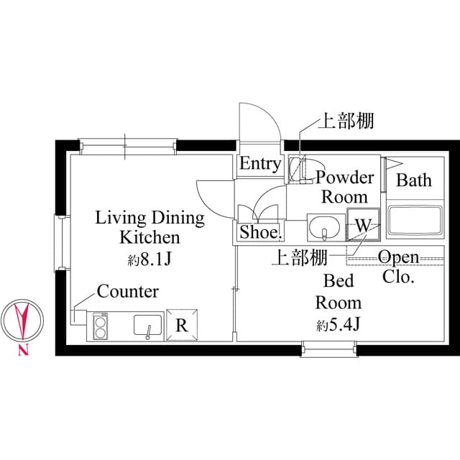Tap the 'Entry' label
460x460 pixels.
coord(259,164)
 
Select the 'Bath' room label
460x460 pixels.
coord(415,180)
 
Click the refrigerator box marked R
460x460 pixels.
coord(183,325)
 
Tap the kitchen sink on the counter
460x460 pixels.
coord(149,326)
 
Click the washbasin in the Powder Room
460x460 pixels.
coord(326,228)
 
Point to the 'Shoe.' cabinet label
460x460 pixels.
coord(260,232)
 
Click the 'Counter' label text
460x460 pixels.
coord(127,292)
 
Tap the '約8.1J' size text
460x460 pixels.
coord(149,259)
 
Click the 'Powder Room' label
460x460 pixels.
coord(345,187)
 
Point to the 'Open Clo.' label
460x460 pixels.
coord(398,267)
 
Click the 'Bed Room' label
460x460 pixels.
coord(338,291)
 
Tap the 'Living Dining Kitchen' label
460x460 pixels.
coord(149,227)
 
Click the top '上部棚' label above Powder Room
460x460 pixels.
coord(346,121)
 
